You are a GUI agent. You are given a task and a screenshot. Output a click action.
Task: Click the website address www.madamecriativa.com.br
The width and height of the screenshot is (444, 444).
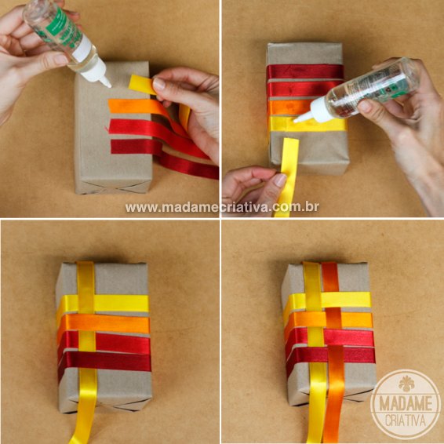click(221, 207)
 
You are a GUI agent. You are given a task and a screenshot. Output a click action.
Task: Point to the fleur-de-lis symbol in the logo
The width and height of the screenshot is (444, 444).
click(406, 384)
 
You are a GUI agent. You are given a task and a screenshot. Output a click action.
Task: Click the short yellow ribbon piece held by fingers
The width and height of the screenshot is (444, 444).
click(142, 84)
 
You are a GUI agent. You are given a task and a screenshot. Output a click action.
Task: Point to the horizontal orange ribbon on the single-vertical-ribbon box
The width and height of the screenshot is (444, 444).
click(118, 323)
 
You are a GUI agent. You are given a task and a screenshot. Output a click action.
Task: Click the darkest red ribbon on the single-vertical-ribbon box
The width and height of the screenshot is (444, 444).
click(118, 360)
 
